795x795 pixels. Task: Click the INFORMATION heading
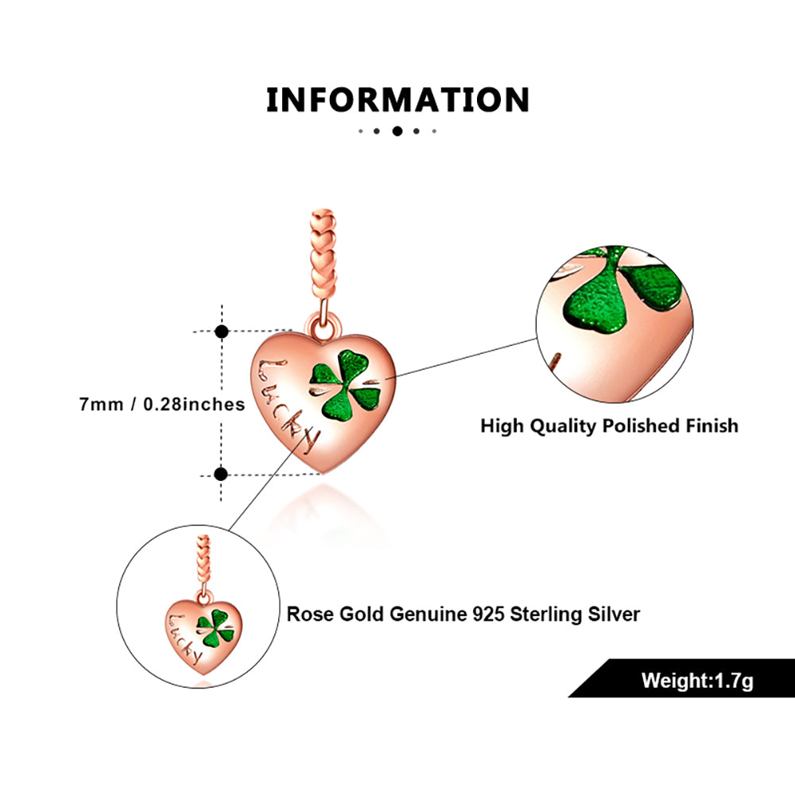(x=397, y=101)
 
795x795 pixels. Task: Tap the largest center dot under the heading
(x=397, y=131)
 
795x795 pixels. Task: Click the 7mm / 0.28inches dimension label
(x=162, y=404)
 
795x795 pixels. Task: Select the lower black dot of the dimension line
(x=222, y=475)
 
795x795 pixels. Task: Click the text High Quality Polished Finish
(x=609, y=426)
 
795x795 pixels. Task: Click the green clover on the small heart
(x=212, y=628)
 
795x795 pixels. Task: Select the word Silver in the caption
(x=613, y=614)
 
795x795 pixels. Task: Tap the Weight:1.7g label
(x=697, y=681)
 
